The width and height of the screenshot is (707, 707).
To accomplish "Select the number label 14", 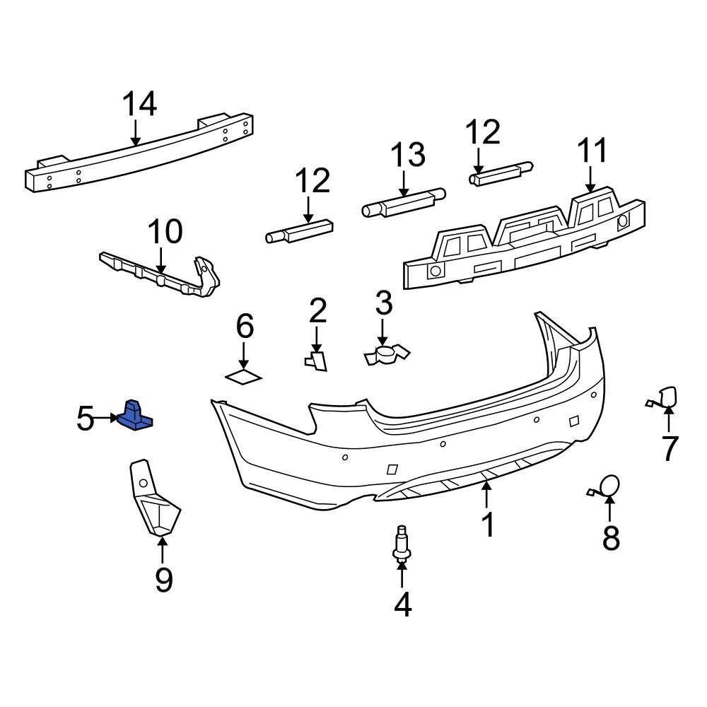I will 139,105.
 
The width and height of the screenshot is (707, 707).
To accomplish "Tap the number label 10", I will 165,232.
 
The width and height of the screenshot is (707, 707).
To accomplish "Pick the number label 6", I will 244,327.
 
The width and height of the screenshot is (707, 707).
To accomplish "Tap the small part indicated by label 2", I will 317,361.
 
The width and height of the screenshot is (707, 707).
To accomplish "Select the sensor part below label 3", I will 386,355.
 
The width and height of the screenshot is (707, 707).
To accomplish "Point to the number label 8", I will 611,537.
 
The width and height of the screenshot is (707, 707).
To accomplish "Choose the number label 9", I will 163,580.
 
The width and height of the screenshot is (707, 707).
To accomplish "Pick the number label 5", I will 85,419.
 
